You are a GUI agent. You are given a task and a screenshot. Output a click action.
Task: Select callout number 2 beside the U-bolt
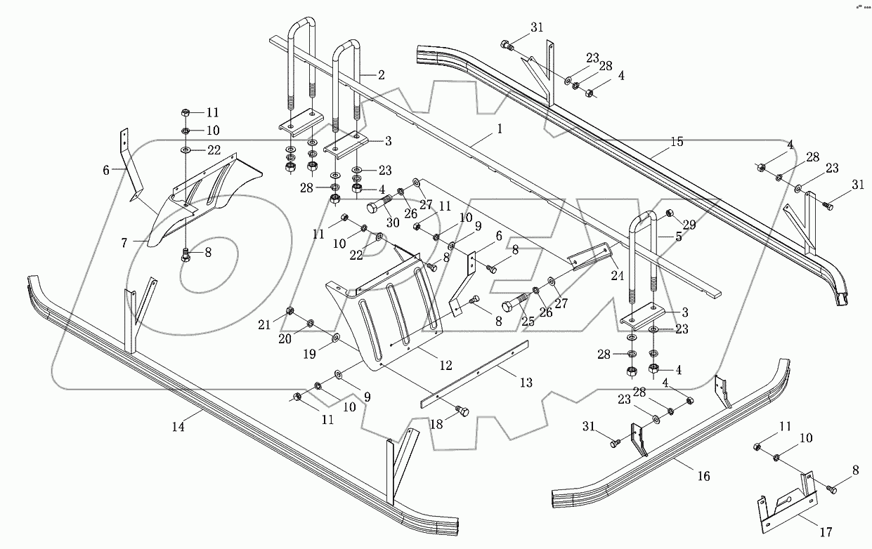coord(382,74)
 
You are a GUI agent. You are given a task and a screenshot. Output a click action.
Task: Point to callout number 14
coord(178,426)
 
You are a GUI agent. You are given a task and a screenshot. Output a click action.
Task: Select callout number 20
coord(285,338)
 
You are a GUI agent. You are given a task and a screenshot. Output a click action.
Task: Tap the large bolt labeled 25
coord(512,306)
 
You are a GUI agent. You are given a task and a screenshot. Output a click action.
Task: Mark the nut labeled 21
coord(289,311)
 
